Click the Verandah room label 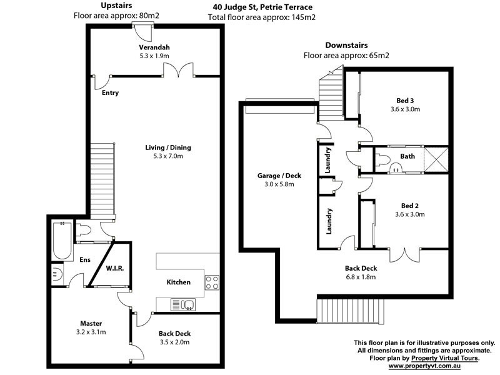pyautogui.click(x=155, y=47)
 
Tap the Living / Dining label pyautogui.click(x=168, y=147)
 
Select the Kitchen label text pyautogui.click(x=178, y=282)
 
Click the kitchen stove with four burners pyautogui.click(x=212, y=282)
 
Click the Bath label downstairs pyautogui.click(x=407, y=156)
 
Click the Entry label pyautogui.click(x=110, y=93)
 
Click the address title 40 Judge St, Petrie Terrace pyautogui.click(x=261, y=7)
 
